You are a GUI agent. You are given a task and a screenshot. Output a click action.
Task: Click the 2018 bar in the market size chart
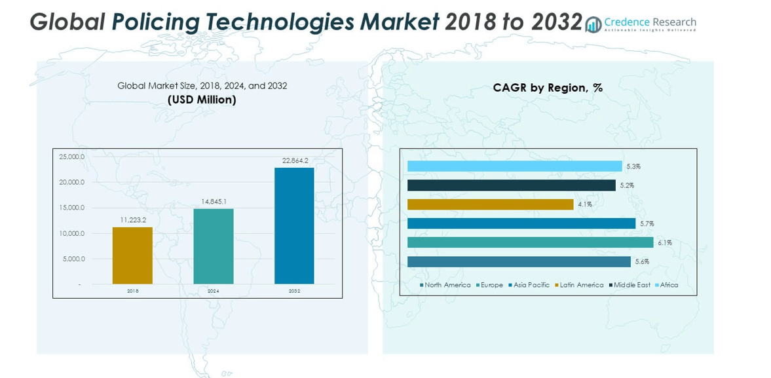[x=132, y=255]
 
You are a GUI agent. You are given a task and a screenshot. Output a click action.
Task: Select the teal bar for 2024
[x=214, y=246]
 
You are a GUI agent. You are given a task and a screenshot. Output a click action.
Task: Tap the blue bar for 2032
[x=294, y=226]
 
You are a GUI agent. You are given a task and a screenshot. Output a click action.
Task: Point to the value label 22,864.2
[x=295, y=161]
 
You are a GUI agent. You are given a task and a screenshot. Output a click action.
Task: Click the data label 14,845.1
[x=214, y=202]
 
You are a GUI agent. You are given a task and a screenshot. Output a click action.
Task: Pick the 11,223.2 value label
[x=132, y=220]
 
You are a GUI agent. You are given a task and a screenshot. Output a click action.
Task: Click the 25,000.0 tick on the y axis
[x=72, y=157]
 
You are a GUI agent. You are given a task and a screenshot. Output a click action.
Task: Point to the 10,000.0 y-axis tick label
[x=72, y=233]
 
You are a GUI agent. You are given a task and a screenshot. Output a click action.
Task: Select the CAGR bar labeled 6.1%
[x=530, y=242]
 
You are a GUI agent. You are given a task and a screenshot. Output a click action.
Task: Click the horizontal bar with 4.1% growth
[x=490, y=204]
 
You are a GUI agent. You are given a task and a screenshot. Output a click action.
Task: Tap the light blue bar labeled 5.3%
[x=514, y=166]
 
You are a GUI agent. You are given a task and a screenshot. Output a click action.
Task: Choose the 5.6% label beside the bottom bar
[x=641, y=262]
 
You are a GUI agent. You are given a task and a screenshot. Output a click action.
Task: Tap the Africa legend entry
[x=666, y=285]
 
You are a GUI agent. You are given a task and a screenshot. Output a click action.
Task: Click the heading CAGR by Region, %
[x=548, y=88]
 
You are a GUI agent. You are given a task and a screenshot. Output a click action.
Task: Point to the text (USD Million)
[x=202, y=100]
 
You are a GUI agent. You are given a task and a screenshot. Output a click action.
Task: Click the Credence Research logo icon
[x=593, y=25]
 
